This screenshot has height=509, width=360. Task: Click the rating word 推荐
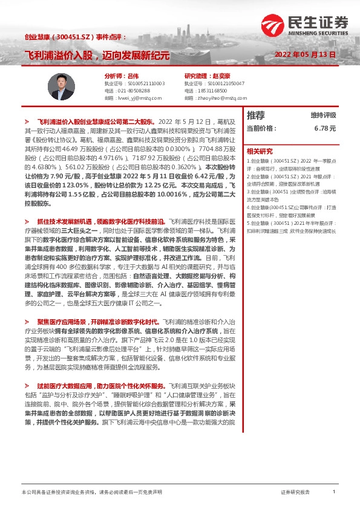[x=256, y=115]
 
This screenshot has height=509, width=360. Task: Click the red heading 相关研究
[x=260, y=151]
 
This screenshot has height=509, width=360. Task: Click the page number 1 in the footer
[x=333, y=492]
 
